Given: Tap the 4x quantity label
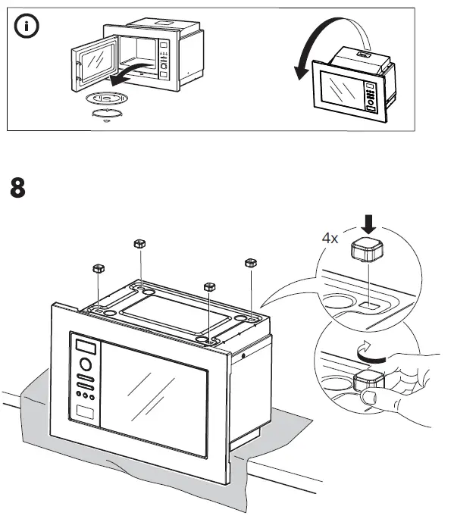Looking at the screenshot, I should pos(330,237).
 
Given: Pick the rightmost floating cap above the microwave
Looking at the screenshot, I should pos(249,263).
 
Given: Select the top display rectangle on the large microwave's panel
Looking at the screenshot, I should pos(86,347).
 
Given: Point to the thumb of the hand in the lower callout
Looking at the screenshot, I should pos(369,396).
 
